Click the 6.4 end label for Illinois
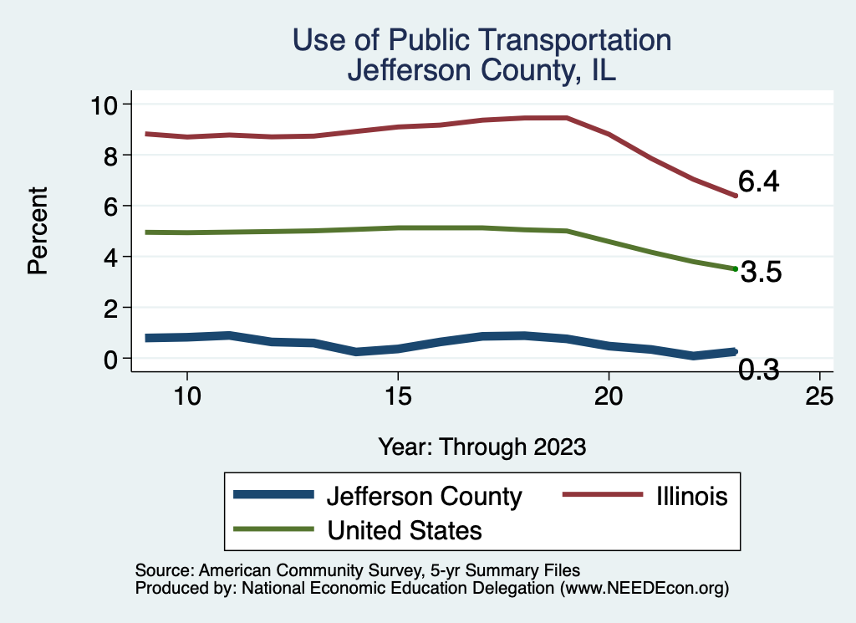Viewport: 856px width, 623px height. click(x=758, y=182)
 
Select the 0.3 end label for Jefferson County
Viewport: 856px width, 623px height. click(x=758, y=369)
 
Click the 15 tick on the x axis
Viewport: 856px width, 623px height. click(x=397, y=396)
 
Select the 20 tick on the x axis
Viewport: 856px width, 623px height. click(x=609, y=396)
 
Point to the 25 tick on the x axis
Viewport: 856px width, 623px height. click(x=819, y=396)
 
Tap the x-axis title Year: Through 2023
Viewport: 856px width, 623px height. click(x=481, y=446)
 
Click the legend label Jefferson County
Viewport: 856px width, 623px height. click(x=424, y=496)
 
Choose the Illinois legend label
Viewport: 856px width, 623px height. click(x=686, y=496)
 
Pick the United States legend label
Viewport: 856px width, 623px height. click(x=405, y=529)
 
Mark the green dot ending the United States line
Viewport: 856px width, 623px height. click(x=735, y=268)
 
